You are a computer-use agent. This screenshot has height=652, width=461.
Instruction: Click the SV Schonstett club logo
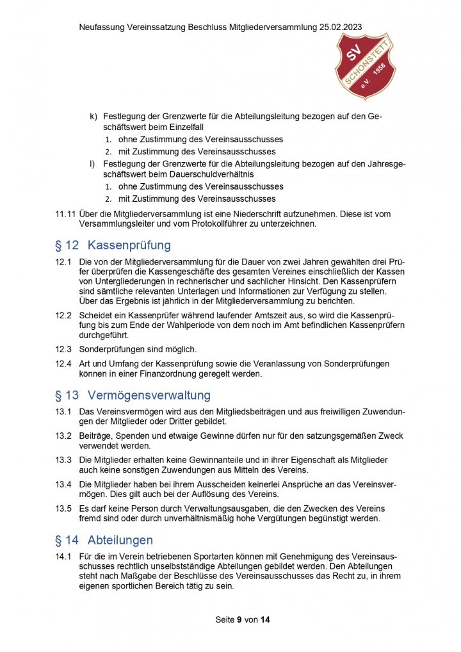(366, 66)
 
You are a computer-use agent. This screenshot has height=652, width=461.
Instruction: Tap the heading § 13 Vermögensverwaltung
(133, 395)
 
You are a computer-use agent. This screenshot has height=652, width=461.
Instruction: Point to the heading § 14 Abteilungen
(104, 540)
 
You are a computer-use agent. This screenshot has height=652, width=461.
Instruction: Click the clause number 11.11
(65, 214)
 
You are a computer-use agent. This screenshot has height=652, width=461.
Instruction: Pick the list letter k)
(93, 116)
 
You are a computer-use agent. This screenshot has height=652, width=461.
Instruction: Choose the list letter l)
(93, 164)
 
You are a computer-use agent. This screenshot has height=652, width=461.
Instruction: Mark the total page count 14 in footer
(266, 620)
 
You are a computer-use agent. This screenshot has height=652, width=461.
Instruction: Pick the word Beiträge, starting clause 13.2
(95, 436)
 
